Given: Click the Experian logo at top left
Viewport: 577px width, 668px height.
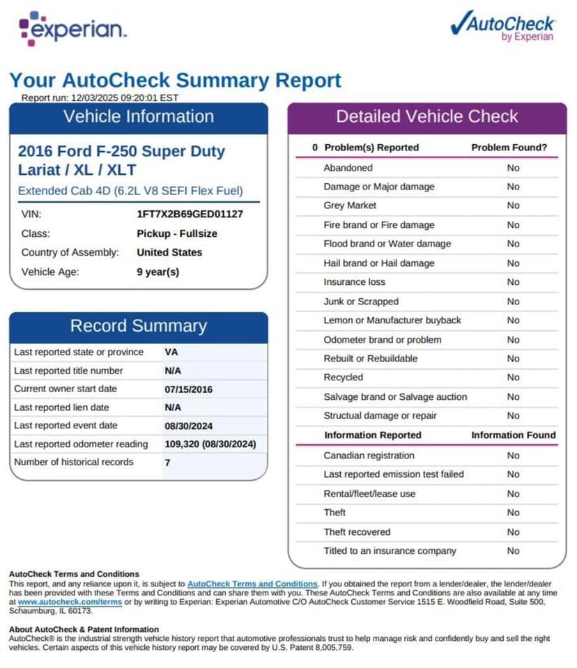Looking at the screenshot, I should point(72,29).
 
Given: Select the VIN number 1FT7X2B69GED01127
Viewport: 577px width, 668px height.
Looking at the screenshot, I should point(190,215).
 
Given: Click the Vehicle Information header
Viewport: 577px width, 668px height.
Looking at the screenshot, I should point(139,117).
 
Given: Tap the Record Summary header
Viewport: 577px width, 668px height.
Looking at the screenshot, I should point(139,326).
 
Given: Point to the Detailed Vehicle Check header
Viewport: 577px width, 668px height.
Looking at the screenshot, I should point(427,117).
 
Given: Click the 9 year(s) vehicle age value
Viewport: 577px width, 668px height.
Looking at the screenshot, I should point(158,272).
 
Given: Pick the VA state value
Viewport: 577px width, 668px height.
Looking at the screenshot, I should point(171,352).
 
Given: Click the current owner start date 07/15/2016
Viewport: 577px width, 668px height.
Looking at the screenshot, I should point(189,389).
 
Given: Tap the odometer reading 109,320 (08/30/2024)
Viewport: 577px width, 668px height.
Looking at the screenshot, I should point(210,444).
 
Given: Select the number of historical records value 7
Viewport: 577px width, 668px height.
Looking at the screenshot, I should point(167,462).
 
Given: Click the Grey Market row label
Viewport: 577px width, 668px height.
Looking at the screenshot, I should point(350,205).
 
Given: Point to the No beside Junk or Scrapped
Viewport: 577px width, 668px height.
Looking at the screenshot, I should point(514,301).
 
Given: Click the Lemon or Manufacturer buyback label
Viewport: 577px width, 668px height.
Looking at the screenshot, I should point(392,320).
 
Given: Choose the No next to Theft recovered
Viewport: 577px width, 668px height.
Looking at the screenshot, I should point(514,531).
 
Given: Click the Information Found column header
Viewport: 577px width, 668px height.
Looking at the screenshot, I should point(514,435).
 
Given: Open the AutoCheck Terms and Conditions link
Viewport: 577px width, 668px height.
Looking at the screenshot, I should point(252,584).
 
